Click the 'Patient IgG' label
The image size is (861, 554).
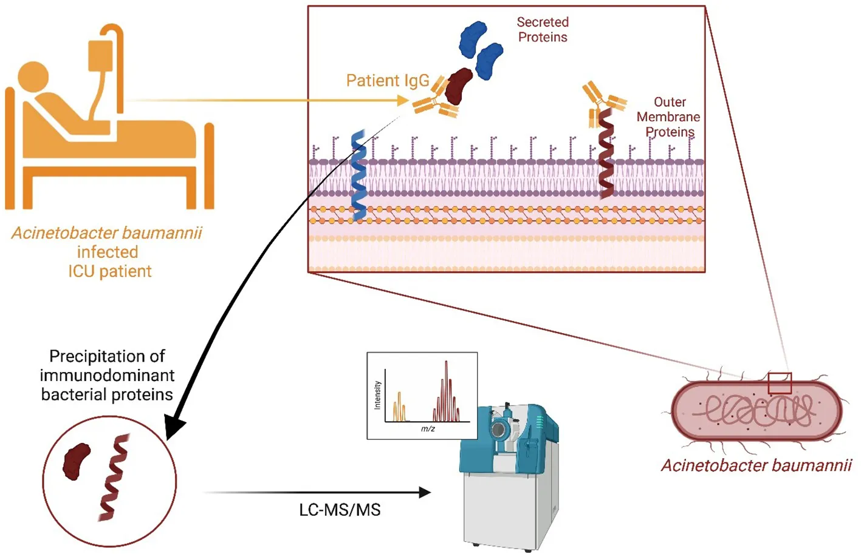[387, 81]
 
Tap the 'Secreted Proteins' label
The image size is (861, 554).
[543, 30]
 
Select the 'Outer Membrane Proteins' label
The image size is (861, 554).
[668, 117]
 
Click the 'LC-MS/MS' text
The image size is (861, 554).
[340, 510]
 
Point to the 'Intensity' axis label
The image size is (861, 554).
[377, 395]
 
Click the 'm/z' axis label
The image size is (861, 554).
[428, 428]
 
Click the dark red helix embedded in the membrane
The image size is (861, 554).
[605, 155]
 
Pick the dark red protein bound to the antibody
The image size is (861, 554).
[459, 86]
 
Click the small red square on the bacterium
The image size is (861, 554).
[780, 383]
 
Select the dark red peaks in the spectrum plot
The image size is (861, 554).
[447, 394]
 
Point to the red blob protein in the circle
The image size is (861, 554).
[77, 461]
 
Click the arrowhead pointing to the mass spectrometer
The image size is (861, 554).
[425, 492]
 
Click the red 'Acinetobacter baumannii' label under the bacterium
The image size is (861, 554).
[756, 465]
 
